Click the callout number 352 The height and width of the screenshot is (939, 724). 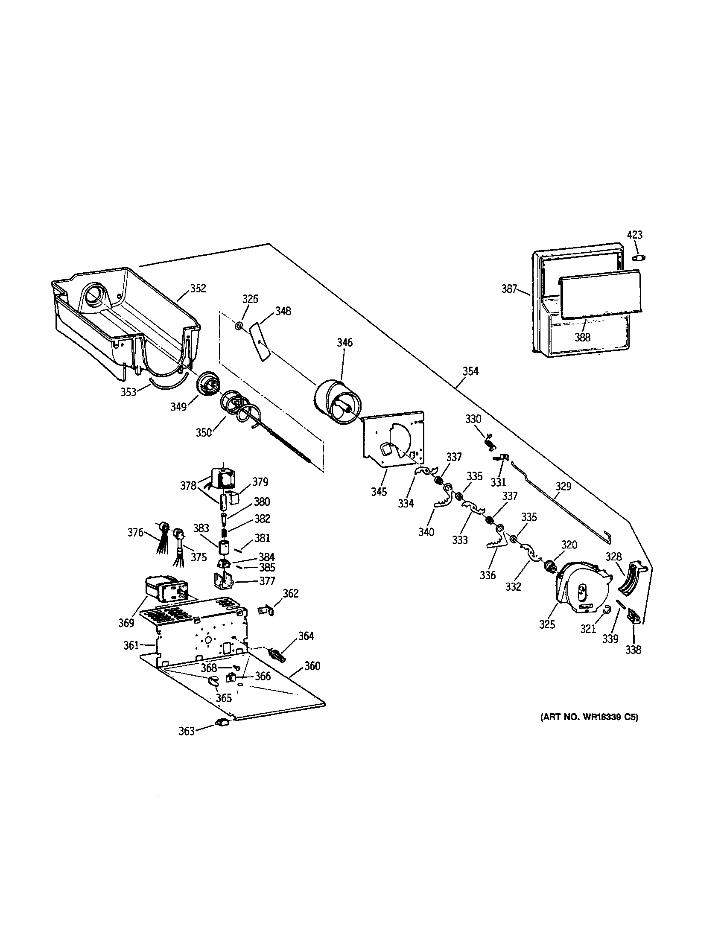198,288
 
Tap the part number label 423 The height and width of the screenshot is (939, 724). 635,235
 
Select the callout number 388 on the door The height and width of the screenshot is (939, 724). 583,337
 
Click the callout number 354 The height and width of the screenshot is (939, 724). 470,370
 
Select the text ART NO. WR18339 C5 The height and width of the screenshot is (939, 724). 589,717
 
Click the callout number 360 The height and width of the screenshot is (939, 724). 312,666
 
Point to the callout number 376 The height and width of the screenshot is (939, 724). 135,532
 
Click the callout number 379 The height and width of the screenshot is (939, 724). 260,481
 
